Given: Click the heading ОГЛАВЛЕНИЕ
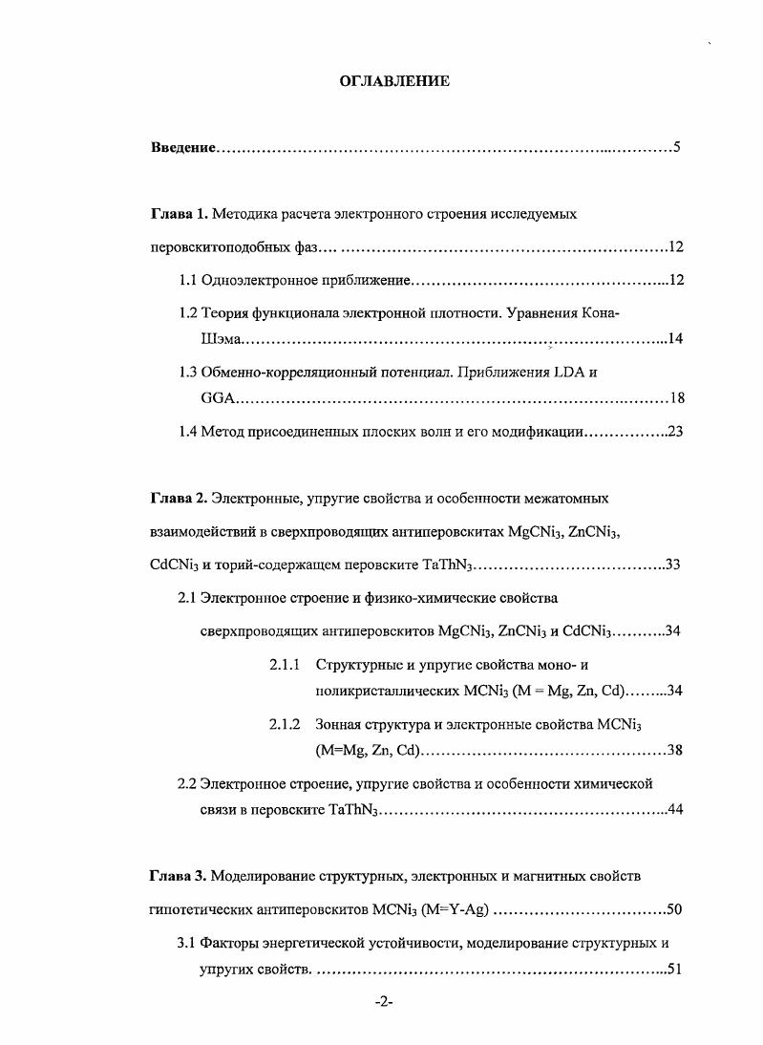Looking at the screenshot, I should (x=394, y=81).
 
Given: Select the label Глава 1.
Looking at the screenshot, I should (x=179, y=214).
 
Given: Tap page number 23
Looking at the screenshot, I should (x=675, y=431).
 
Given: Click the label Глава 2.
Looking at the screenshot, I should (x=179, y=498).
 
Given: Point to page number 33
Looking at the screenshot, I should (x=671, y=565).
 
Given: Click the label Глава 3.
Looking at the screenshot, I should (x=179, y=876).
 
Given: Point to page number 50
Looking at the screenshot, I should (x=674, y=909).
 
